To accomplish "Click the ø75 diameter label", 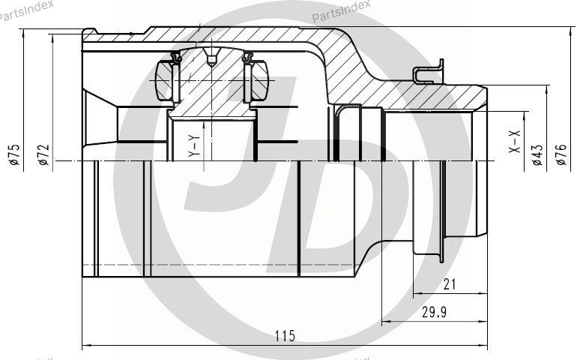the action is (x=14, y=154).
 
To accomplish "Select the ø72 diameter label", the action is (x=43, y=154).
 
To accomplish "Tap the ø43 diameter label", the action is (x=537, y=154).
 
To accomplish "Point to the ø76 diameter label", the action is (x=561, y=154).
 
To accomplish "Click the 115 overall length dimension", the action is (x=285, y=336).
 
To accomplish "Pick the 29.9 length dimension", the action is (x=434, y=312).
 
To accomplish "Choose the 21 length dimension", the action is (x=450, y=285).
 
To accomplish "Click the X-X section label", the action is (x=515, y=142).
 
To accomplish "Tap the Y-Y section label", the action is (x=194, y=145).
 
